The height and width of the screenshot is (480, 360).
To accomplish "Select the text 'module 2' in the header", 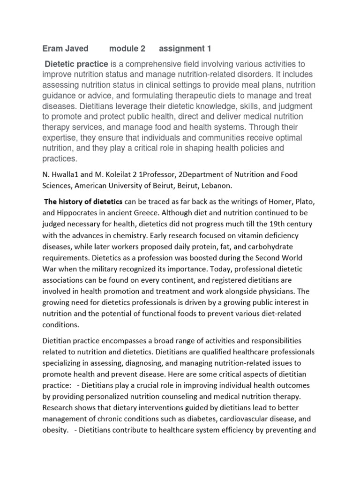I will tap(127, 49).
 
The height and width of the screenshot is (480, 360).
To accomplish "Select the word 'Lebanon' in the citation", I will tap(217, 186).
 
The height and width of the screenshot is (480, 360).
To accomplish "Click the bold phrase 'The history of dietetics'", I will tap(83, 202).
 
